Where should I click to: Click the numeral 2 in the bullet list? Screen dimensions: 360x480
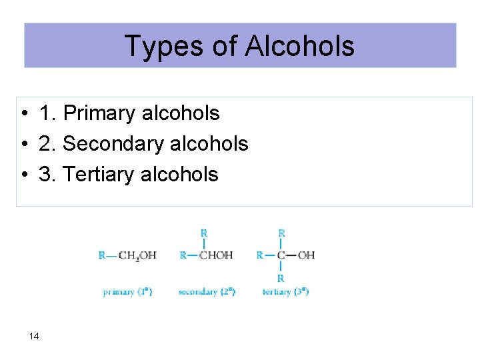click(46, 144)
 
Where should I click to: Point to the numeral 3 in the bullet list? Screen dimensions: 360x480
click(46, 174)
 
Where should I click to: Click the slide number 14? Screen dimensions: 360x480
click(34, 336)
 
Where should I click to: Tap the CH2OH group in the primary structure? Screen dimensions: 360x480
click(137, 255)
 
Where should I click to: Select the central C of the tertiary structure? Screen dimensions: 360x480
click(281, 255)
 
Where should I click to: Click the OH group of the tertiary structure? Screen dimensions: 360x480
click(306, 255)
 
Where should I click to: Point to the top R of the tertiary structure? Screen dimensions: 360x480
click(281, 233)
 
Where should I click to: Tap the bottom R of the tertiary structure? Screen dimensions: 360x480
click(281, 277)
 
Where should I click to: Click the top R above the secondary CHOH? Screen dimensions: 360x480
click(204, 233)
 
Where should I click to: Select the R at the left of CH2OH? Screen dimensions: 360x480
click(101, 255)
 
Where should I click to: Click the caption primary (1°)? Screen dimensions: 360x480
click(127, 292)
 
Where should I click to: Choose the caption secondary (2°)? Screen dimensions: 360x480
click(207, 292)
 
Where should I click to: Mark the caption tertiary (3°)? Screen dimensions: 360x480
click(285, 292)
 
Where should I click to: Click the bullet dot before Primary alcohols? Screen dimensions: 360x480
click(23, 114)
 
